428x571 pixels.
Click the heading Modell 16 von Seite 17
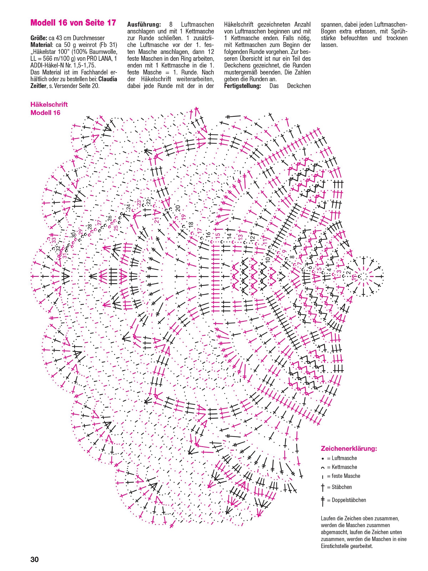(73, 23)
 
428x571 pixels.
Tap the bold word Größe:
(39, 38)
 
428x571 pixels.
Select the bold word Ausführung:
(144, 25)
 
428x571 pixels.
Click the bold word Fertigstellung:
(242, 86)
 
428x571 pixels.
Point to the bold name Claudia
(108, 79)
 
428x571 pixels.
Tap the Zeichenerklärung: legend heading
(349, 448)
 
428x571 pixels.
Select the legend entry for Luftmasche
(344, 458)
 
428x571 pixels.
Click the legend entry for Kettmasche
(344, 467)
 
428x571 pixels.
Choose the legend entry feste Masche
(346, 476)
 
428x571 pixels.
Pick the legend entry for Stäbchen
(341, 487)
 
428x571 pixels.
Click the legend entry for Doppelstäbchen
(349, 500)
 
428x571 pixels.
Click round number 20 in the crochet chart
(178, 208)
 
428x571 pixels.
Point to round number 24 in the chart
(128, 207)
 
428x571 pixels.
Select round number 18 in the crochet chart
(191, 225)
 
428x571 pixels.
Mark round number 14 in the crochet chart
(229, 236)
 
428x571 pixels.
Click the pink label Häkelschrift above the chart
(49, 104)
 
